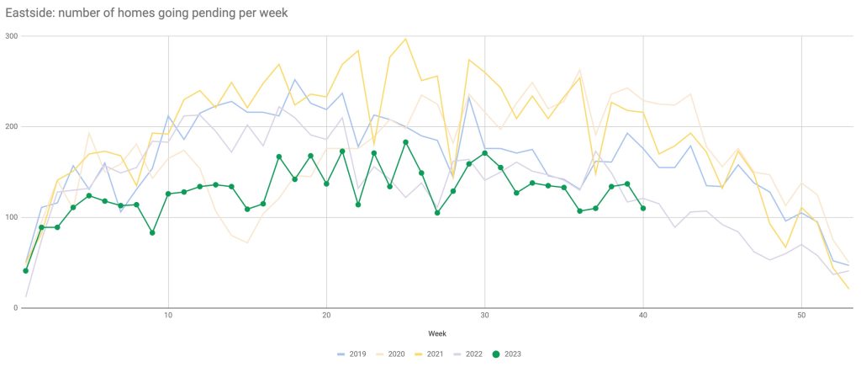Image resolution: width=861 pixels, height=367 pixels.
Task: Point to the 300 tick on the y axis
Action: pos(11,36)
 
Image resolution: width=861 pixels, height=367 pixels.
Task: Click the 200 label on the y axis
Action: pos(11,126)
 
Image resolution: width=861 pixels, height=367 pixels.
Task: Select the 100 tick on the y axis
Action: pos(11,217)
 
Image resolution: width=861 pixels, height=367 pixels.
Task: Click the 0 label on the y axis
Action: pos(16,308)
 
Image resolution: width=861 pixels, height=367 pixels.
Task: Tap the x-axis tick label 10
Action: pos(168,316)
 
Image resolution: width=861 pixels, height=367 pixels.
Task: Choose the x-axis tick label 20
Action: pos(326,316)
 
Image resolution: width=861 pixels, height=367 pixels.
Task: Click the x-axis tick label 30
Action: pos(484,316)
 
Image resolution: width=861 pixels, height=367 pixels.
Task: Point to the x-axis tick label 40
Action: pos(643,316)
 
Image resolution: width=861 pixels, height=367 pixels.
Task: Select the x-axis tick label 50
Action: pos(801,316)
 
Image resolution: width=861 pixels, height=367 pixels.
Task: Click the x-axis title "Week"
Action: pos(437,333)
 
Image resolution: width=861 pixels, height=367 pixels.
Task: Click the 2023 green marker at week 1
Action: pos(26,270)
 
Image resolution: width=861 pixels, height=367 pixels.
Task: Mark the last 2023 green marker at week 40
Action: pos(643,208)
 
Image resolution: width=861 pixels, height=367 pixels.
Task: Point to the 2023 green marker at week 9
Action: pos(152,232)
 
